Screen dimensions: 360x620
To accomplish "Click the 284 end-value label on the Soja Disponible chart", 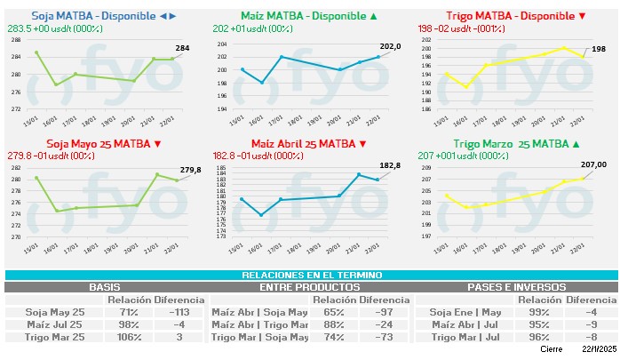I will [182, 47].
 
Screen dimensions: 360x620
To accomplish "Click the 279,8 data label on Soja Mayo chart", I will [190, 170].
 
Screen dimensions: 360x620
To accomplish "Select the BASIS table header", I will [105, 287].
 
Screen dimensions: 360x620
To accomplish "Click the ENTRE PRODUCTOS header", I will [310, 287].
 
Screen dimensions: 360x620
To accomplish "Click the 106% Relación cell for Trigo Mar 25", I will [131, 338].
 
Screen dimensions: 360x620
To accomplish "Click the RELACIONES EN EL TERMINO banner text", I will [310, 276].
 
